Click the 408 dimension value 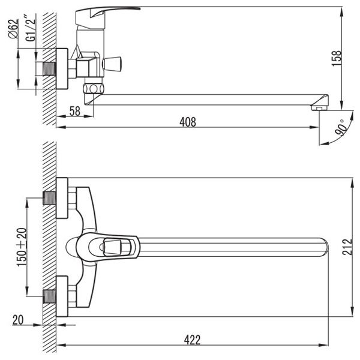pyautogui.click(x=188, y=122)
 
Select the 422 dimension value pyautogui.click(x=192, y=340)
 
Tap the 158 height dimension pyautogui.click(x=337, y=58)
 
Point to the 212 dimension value pyautogui.click(x=347, y=247)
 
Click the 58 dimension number pyautogui.click(x=75, y=111)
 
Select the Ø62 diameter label pyautogui.click(x=13, y=28)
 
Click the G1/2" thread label pyautogui.click(x=31, y=28)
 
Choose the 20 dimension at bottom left pyautogui.click(x=18, y=320)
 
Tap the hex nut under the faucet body pyautogui.click(x=94, y=88)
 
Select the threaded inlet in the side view pyautogui.click(x=49, y=68)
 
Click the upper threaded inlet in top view pyautogui.click(x=49, y=198)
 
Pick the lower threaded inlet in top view pyautogui.click(x=49, y=296)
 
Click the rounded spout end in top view pyautogui.click(x=325, y=247)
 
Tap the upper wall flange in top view pyautogui.click(x=62, y=198)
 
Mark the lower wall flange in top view pyautogui.click(x=62, y=296)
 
